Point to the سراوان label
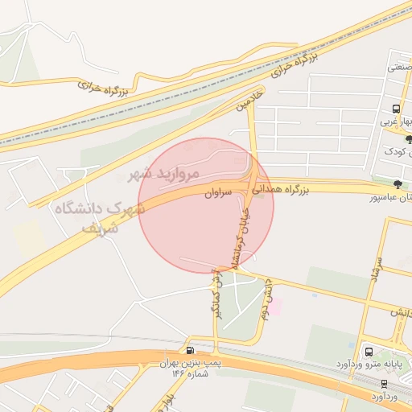click(218, 194)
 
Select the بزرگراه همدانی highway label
click(283, 191)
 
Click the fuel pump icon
click(190, 350)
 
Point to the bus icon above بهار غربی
click(396, 109)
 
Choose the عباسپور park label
click(390, 197)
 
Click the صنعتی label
click(399, 68)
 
